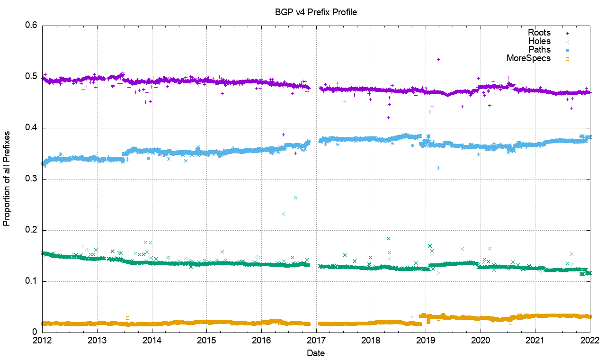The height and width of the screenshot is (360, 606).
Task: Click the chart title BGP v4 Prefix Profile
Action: pyautogui.click(x=316, y=12)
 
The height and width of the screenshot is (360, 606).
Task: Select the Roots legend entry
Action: pyautogui.click(x=539, y=33)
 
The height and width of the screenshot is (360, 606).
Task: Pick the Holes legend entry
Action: pyautogui.click(x=539, y=41)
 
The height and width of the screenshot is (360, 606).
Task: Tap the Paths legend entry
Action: pyautogui.click(x=539, y=50)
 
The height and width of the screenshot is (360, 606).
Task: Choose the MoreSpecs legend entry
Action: pyautogui.click(x=528, y=58)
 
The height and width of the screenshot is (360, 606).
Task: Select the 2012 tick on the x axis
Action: pyautogui.click(x=43, y=341)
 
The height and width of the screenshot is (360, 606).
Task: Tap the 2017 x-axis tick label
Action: pyautogui.click(x=316, y=341)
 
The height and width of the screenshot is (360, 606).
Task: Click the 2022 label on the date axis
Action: pyautogui.click(x=590, y=341)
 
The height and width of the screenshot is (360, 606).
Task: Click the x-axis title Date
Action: pyautogui.click(x=316, y=353)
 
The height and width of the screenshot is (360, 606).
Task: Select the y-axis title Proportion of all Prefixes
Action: pyautogui.click(x=7, y=179)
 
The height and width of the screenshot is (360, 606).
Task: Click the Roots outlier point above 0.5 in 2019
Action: pyautogui.click(x=438, y=59)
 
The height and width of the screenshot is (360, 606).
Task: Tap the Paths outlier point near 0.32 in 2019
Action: pyautogui.click(x=439, y=168)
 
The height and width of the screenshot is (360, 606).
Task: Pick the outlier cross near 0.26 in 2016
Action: pyautogui.click(x=295, y=198)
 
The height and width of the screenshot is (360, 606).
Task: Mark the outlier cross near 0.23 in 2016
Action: pyautogui.click(x=283, y=214)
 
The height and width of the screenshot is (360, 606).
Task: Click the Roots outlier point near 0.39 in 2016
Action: pyautogui.click(x=283, y=135)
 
